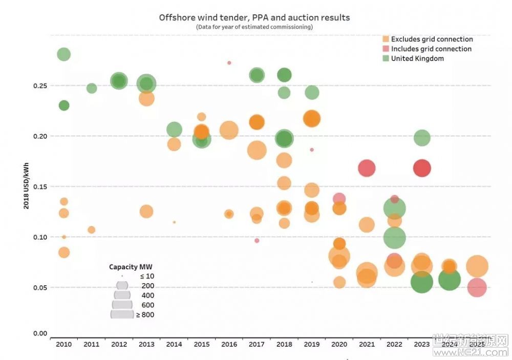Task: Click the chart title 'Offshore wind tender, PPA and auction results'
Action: [x=254, y=17]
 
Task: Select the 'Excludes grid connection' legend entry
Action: [x=432, y=39]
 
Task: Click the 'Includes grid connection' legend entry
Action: [x=431, y=49]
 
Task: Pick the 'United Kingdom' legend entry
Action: [x=417, y=59]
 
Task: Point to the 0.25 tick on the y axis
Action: [x=40, y=86]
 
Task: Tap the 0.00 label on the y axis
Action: [x=40, y=334]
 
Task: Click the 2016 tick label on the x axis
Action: [x=229, y=345]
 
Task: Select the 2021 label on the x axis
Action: [x=367, y=345]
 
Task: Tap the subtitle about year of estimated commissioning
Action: [x=254, y=27]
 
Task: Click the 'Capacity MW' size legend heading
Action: [x=131, y=267]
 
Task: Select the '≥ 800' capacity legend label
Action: [x=145, y=315]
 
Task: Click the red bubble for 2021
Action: [x=367, y=168]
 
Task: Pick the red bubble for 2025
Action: [x=477, y=287]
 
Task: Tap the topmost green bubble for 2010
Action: [x=63, y=54]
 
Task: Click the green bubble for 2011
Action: [x=92, y=88]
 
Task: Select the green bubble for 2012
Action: [x=119, y=81]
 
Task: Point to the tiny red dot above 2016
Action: [x=229, y=63]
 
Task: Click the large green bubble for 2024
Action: [x=449, y=280]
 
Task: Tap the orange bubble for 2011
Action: [x=91, y=230]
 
